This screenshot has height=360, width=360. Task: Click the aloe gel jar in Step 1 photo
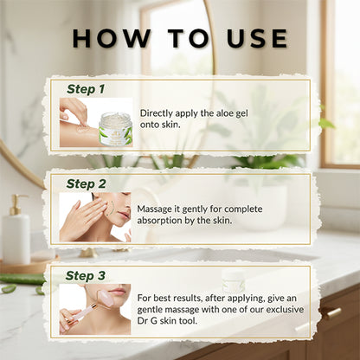click(x=114, y=129)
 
